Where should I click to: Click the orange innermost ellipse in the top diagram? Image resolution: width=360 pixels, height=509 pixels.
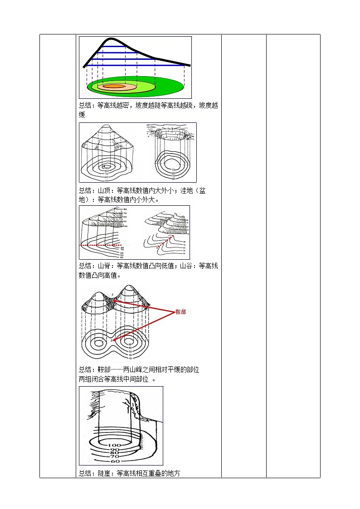click(113, 86)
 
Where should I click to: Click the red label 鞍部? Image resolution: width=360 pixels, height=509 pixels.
click(180, 312)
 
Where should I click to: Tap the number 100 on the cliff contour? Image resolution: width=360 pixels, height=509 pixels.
click(115, 446)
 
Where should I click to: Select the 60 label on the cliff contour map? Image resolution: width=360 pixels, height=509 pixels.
click(115, 461)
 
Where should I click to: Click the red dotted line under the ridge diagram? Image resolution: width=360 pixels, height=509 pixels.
click(100, 245)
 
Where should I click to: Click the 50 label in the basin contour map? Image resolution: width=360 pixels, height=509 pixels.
click(173, 170)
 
